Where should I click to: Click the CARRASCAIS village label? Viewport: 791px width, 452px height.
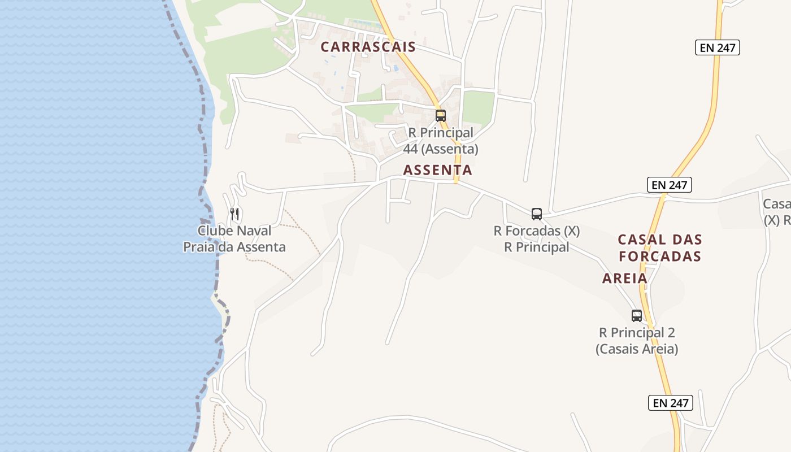coord(368,47)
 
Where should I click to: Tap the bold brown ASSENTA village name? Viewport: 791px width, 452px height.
coord(437,169)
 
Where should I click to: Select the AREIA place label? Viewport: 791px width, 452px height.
coord(624,278)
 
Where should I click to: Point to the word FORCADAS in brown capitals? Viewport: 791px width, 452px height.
coord(660,256)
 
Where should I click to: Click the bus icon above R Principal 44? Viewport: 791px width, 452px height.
coord(441,116)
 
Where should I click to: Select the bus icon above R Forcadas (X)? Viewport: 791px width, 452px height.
coord(537,214)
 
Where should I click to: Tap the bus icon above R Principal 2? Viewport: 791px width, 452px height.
coord(637,316)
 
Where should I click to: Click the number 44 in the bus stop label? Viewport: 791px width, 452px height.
coord(411,149)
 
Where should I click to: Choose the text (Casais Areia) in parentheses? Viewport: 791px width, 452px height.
coord(637,349)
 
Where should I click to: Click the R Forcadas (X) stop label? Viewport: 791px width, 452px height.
coord(536,231)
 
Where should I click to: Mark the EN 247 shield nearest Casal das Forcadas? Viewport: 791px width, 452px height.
coord(669,185)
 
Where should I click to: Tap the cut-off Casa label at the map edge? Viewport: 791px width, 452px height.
coord(776,204)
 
